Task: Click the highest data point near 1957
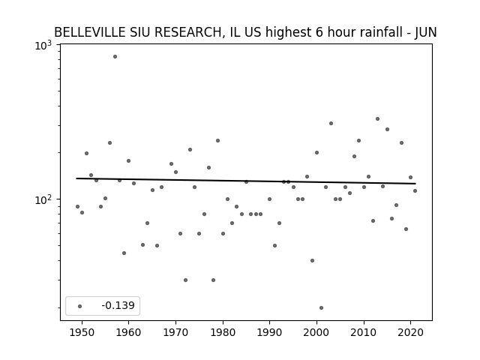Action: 115,57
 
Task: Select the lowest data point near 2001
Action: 321,308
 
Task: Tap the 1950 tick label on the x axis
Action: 82,333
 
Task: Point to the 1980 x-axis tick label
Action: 223,333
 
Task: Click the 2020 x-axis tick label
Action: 411,333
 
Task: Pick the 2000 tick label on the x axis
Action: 316,333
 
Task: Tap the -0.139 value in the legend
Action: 118,305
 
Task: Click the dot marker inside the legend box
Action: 80,306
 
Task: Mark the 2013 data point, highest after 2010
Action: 377,118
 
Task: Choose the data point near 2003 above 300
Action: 331,123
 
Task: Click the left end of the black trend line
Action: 76,178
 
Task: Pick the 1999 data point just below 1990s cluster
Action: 312,260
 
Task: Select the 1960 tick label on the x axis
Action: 128,333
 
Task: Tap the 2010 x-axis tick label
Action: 364,333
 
